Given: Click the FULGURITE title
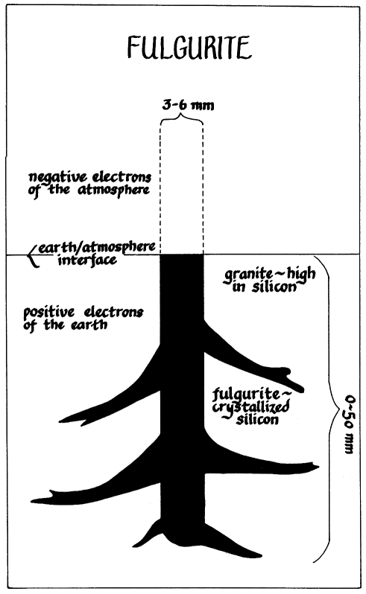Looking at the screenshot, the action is coord(189,48).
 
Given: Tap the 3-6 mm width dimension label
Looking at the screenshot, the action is coord(188,105).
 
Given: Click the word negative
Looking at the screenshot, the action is coord(56,178).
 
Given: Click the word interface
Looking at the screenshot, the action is coord(87,261).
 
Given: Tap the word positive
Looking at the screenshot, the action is coord(49,313).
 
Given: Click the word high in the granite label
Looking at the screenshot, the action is coord(301,273).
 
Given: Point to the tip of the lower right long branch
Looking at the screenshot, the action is coord(318,466).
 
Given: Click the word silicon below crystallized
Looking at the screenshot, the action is coord(257,419).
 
